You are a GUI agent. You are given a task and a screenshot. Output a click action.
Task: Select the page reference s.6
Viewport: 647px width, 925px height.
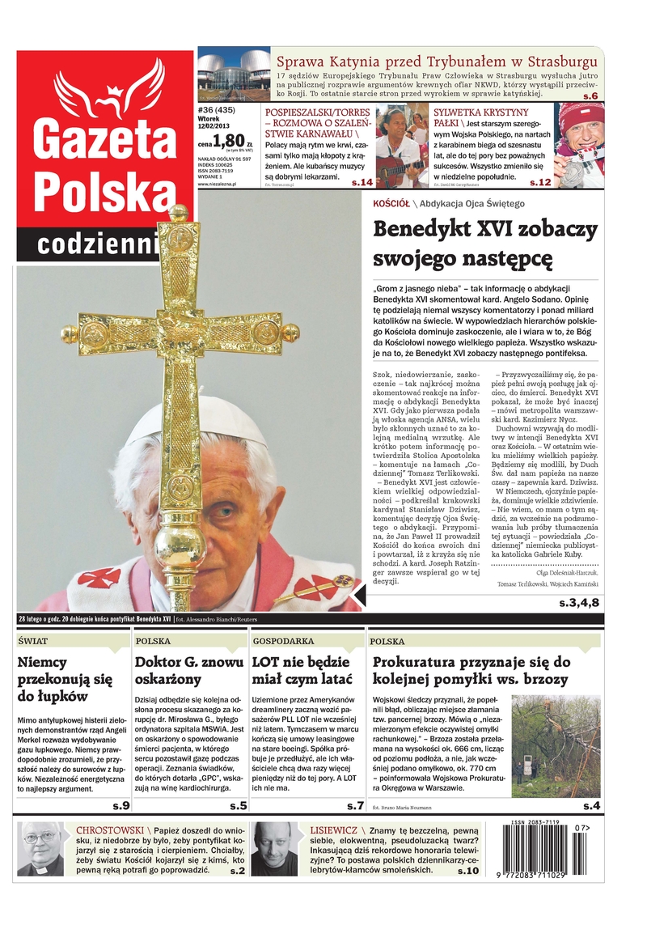click(x=590, y=96)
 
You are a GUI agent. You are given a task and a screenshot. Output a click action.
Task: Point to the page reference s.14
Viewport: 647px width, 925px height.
click(x=362, y=183)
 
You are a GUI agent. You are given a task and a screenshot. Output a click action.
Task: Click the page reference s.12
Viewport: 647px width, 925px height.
click(x=539, y=183)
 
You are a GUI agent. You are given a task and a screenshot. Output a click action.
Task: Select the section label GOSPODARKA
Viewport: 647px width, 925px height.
click(x=283, y=641)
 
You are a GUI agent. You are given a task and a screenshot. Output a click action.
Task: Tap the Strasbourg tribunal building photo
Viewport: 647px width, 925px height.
click(x=233, y=76)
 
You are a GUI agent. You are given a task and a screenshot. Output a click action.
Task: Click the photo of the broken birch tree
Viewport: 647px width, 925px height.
click(x=556, y=746)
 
